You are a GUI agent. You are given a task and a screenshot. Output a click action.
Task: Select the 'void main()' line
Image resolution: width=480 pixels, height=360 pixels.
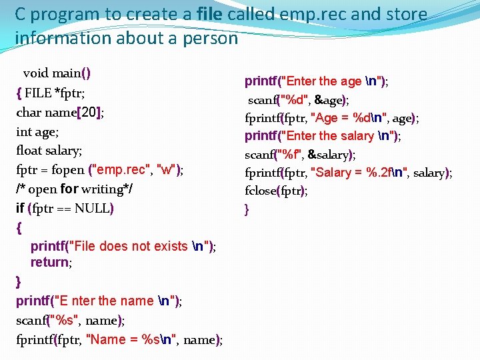(57, 73)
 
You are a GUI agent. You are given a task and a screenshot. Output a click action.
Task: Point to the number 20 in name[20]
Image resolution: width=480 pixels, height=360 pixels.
(89, 112)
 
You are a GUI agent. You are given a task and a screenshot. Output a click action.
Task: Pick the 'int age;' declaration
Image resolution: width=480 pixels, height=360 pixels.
(37, 131)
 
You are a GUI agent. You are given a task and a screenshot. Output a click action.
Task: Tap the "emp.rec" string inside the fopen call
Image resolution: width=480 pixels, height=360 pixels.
(124, 170)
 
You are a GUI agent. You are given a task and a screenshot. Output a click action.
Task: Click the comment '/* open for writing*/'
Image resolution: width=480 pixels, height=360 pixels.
(74, 189)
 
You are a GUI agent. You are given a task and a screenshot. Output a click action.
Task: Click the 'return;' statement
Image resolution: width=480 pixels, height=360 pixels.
(51, 262)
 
